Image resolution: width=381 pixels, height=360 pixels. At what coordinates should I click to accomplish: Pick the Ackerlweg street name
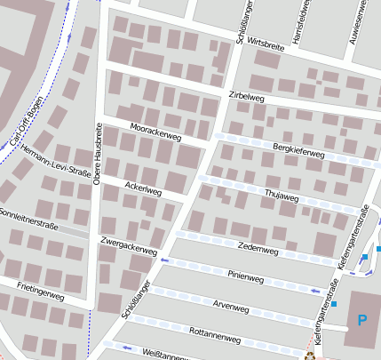(x=142, y=187)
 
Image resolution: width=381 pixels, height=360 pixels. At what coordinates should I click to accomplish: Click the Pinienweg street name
(x=246, y=276)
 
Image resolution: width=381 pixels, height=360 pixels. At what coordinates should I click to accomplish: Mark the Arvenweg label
(x=231, y=307)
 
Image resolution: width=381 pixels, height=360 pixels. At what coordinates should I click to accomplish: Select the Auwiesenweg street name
(x=362, y=20)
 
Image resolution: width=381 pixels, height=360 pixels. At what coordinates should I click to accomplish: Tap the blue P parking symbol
(x=361, y=319)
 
